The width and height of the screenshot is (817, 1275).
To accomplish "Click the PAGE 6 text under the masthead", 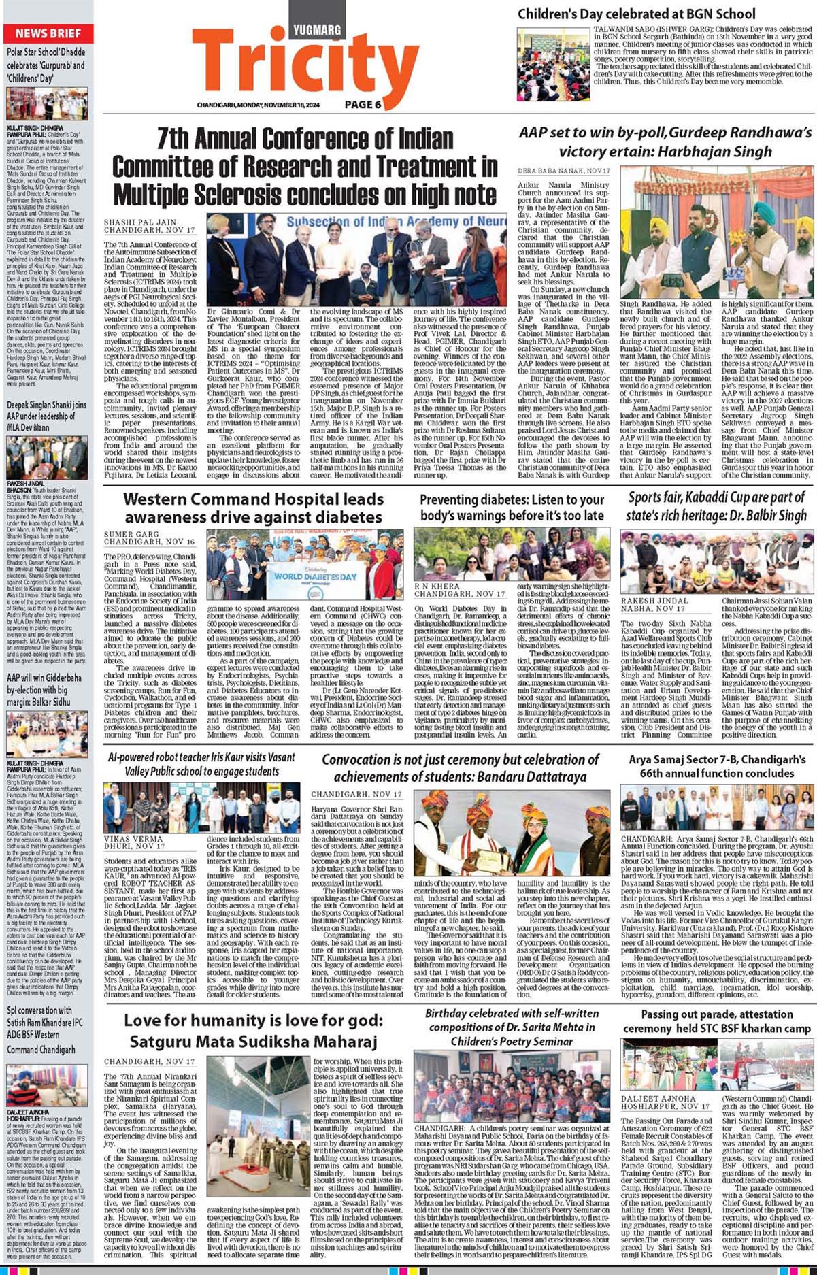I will tap(363, 105).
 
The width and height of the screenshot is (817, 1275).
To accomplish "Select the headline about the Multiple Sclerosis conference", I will tap(305, 167).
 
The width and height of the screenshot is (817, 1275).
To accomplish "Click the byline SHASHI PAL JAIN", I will tap(140, 222).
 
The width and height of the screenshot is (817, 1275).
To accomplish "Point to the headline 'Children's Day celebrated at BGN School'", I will tap(636, 14).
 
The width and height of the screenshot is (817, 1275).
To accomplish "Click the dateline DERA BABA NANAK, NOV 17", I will tap(563, 171).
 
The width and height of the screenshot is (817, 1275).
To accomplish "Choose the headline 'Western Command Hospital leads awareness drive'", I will tap(254, 508).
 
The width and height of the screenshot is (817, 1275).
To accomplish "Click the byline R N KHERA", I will tap(437, 586).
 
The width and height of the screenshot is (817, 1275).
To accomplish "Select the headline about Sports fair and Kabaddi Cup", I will tap(716, 506).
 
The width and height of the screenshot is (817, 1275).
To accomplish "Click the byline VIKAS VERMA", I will tap(133, 840).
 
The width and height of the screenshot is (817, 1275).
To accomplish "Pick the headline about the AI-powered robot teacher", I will tap(201, 764).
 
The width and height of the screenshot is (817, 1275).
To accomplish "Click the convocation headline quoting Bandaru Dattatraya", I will tap(460, 767).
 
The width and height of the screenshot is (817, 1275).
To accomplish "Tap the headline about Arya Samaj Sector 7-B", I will tap(716, 766).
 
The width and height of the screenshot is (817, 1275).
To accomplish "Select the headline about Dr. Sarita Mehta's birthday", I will tap(510, 1027).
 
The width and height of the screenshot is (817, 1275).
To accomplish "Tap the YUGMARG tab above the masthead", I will tap(317, 30).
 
